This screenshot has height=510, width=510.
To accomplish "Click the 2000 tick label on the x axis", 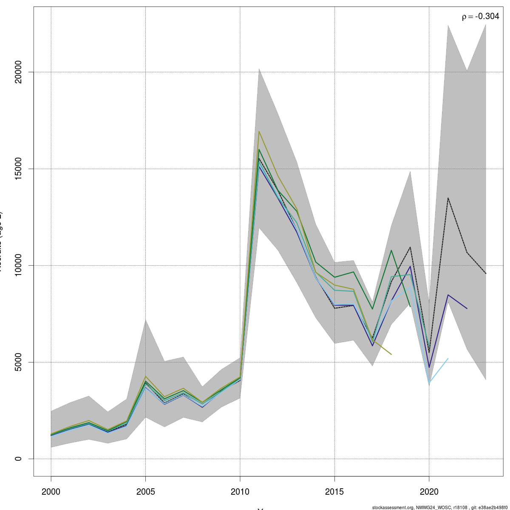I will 51,492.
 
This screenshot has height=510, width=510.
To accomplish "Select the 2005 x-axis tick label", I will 146,492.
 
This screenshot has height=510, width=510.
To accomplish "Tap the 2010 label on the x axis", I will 240,492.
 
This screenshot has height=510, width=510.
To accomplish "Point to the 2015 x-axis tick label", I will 335,492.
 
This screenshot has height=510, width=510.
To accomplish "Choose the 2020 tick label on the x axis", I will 429,492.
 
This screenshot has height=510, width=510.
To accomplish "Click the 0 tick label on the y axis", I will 18,459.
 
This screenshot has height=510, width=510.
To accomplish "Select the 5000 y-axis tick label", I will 18,362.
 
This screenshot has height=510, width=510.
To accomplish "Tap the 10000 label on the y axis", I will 18,266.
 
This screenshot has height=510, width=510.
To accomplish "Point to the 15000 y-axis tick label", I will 18,169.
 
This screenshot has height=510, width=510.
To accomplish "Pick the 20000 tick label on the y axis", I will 18,72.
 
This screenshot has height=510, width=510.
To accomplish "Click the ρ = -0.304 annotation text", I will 480,17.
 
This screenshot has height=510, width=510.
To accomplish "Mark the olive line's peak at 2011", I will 259,131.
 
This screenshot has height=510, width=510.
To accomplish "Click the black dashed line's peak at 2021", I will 448,198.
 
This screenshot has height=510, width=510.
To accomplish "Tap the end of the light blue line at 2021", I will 448,358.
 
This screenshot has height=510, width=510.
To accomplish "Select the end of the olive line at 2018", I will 391,354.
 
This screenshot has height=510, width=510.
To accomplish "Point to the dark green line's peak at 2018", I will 391,250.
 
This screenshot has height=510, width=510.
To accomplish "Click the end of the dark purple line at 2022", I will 467,309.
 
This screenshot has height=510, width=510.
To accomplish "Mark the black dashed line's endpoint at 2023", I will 486,273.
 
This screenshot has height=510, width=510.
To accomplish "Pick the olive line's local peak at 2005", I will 146,376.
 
